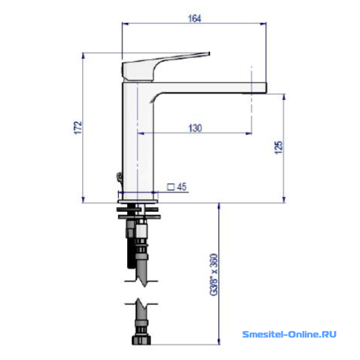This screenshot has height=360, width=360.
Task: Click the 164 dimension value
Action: coord(194,19)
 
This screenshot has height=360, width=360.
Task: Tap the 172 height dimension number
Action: coord(78,127)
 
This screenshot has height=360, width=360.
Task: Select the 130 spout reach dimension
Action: coord(195,128)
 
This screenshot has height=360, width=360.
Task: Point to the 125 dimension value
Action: coord(279,148)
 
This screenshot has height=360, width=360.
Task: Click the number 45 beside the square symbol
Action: coord(182,187)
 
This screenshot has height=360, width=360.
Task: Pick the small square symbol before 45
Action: coord(171,187)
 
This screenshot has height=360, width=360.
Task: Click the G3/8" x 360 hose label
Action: coord(214,275)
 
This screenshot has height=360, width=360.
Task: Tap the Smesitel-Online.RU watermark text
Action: coord(289,334)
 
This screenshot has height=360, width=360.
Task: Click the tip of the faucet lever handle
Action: coord(209,54)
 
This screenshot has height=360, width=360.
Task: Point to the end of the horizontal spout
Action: coord(266,88)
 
